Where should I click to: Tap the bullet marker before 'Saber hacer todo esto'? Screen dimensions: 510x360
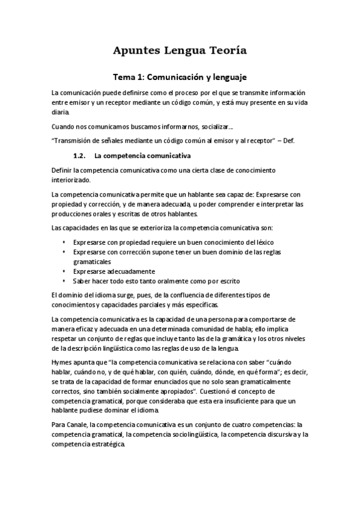(65, 281)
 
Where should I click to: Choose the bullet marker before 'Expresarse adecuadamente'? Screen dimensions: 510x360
(65, 271)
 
